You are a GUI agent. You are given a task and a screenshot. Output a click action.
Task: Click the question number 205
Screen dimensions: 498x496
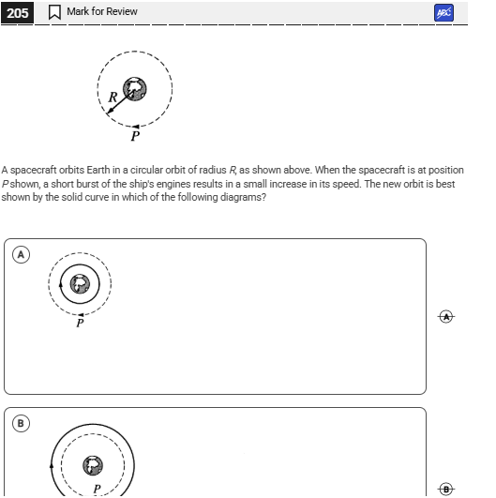tap(17, 12)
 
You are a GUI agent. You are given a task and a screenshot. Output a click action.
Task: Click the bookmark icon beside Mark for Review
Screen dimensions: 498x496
tap(54, 12)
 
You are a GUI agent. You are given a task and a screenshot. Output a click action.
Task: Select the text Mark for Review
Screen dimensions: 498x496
tap(101, 11)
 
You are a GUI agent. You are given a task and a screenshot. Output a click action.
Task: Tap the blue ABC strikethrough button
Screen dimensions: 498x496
tap(443, 12)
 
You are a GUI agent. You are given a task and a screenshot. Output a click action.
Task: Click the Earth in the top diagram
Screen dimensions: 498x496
tap(137, 89)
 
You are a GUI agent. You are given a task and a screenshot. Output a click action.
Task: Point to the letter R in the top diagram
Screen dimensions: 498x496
tap(113, 97)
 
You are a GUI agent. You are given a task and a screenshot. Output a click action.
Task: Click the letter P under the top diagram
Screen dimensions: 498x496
tap(135, 136)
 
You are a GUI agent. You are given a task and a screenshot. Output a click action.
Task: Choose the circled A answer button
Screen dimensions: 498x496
tap(21, 254)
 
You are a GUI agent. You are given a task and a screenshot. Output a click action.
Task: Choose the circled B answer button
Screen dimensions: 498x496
tap(21, 423)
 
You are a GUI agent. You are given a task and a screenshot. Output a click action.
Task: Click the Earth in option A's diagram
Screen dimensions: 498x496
tap(82, 284)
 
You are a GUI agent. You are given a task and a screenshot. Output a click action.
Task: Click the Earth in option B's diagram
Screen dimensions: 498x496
tap(93, 465)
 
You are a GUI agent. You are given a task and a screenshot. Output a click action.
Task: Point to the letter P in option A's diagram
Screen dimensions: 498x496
tap(80, 323)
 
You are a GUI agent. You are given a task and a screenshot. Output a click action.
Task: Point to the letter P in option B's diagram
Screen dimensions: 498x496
tap(96, 489)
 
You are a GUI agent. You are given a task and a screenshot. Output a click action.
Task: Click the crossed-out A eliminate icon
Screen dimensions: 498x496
tap(446, 316)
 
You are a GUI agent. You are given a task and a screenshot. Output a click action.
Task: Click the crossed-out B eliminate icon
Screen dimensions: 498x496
tap(446, 488)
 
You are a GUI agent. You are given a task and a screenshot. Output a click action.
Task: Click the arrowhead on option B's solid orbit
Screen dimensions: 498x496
tap(51, 464)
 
